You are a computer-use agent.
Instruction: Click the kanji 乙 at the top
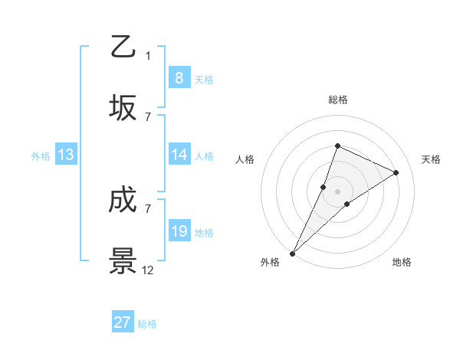123,47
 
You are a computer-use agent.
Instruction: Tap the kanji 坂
123,108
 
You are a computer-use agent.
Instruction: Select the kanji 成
123,201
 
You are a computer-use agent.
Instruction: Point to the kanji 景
123,261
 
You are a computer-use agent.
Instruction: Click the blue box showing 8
179,77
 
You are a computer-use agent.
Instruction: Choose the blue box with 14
179,155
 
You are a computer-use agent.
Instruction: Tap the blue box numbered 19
179,231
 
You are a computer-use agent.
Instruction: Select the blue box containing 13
66,155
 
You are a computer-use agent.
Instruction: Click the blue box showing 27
123,322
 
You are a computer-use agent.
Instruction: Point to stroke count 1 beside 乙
148,55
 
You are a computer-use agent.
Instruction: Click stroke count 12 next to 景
148,270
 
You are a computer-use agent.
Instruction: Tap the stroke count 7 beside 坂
148,116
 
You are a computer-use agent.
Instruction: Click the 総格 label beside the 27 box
147,324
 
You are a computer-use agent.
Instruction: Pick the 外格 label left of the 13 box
41,155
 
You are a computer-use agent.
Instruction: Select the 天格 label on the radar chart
431,159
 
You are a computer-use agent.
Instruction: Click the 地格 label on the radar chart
402,263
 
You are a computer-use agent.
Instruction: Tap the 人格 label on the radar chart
245,159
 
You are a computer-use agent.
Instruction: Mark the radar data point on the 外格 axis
292,253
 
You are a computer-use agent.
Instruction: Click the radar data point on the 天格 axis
396,172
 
